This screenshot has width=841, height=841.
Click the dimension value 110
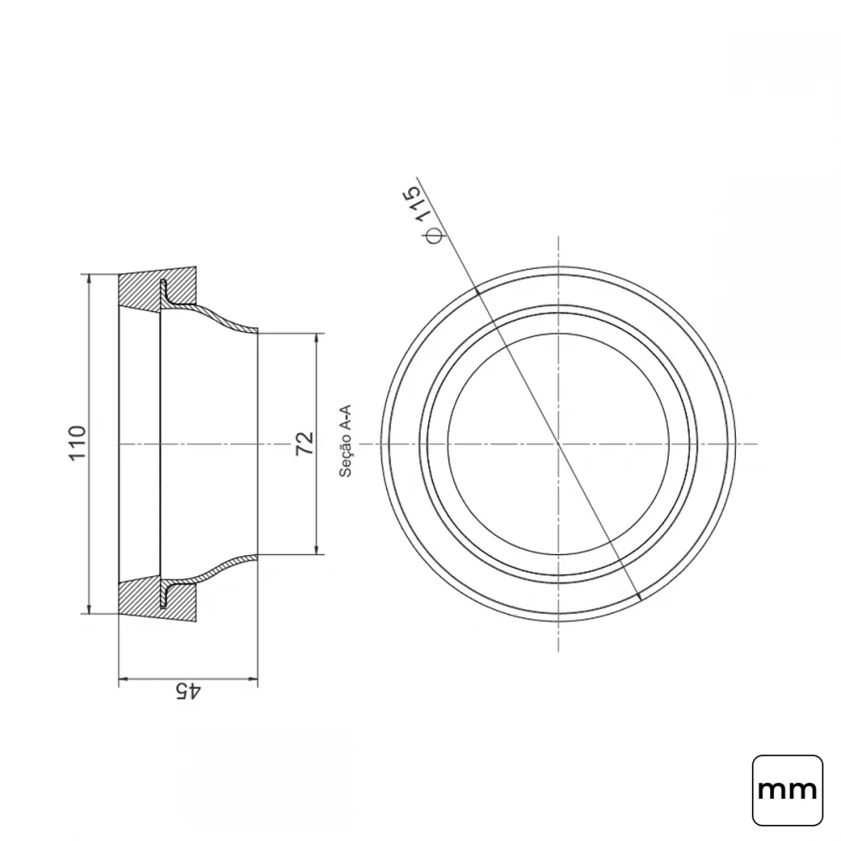click(77, 442)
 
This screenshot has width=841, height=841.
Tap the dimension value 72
click(305, 443)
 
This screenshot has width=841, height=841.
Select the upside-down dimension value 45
click(188, 690)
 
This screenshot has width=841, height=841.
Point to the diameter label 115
click(419, 203)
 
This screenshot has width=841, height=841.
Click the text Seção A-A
click(346, 441)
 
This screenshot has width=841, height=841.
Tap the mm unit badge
click(787, 790)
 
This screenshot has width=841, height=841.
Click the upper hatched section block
click(156, 289)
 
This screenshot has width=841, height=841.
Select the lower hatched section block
click(156, 599)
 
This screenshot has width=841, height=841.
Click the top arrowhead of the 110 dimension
click(89, 280)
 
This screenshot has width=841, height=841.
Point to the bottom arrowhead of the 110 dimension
click(89, 608)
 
